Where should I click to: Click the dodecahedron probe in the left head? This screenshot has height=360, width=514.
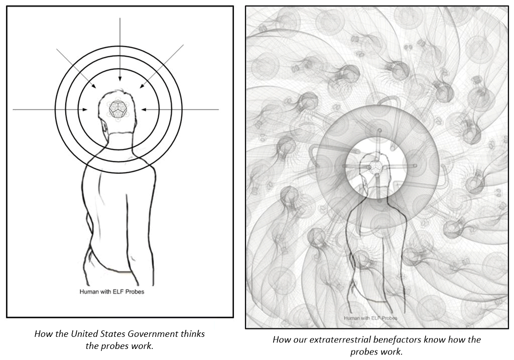[x=116, y=109]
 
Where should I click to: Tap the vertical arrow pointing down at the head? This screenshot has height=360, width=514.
[x=120, y=49]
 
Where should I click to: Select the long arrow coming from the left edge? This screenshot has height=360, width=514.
[x=50, y=109]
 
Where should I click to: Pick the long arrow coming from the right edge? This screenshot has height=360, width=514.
[x=180, y=109]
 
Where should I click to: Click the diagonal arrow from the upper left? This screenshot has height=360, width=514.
[x=76, y=68]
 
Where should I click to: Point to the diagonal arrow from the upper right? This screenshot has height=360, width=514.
[x=162, y=66]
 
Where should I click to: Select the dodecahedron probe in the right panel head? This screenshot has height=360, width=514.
[x=373, y=168]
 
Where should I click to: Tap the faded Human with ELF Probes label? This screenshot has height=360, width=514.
[x=370, y=318]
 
